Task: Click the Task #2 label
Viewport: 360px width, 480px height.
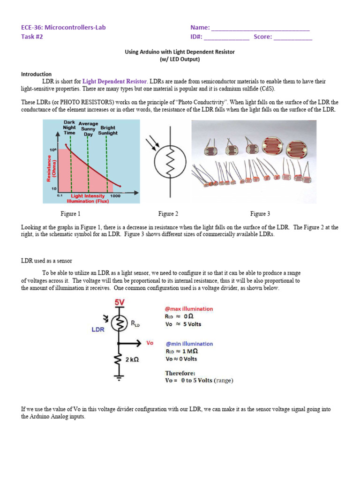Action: (32, 37)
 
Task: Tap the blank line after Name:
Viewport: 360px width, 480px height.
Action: (261, 28)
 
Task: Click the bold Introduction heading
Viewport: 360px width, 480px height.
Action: (36, 74)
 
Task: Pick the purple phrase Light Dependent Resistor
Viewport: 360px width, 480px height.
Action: (115, 81)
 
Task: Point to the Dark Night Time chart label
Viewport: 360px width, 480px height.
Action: (69, 127)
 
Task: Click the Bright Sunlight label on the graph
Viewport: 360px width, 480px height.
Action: (108, 130)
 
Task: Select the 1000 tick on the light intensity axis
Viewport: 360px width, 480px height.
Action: (115, 196)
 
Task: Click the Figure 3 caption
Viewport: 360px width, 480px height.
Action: (260, 214)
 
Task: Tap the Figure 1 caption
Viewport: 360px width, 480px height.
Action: (71, 214)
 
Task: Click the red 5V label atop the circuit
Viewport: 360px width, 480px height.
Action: (120, 303)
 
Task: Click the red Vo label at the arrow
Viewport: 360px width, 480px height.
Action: (150, 343)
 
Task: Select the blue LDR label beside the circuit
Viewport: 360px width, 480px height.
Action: (98, 330)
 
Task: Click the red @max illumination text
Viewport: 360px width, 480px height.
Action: (189, 309)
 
